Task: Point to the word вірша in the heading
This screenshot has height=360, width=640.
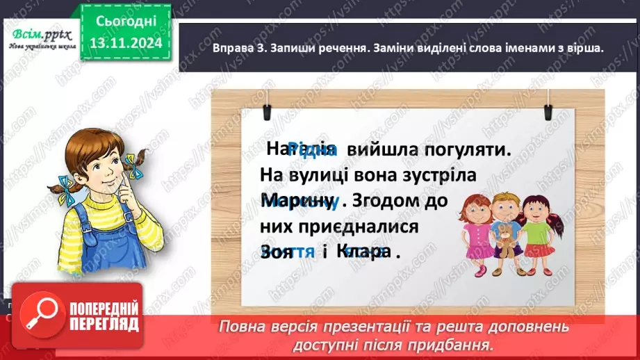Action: (x=580, y=49)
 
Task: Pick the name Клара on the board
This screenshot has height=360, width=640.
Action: (x=363, y=252)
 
